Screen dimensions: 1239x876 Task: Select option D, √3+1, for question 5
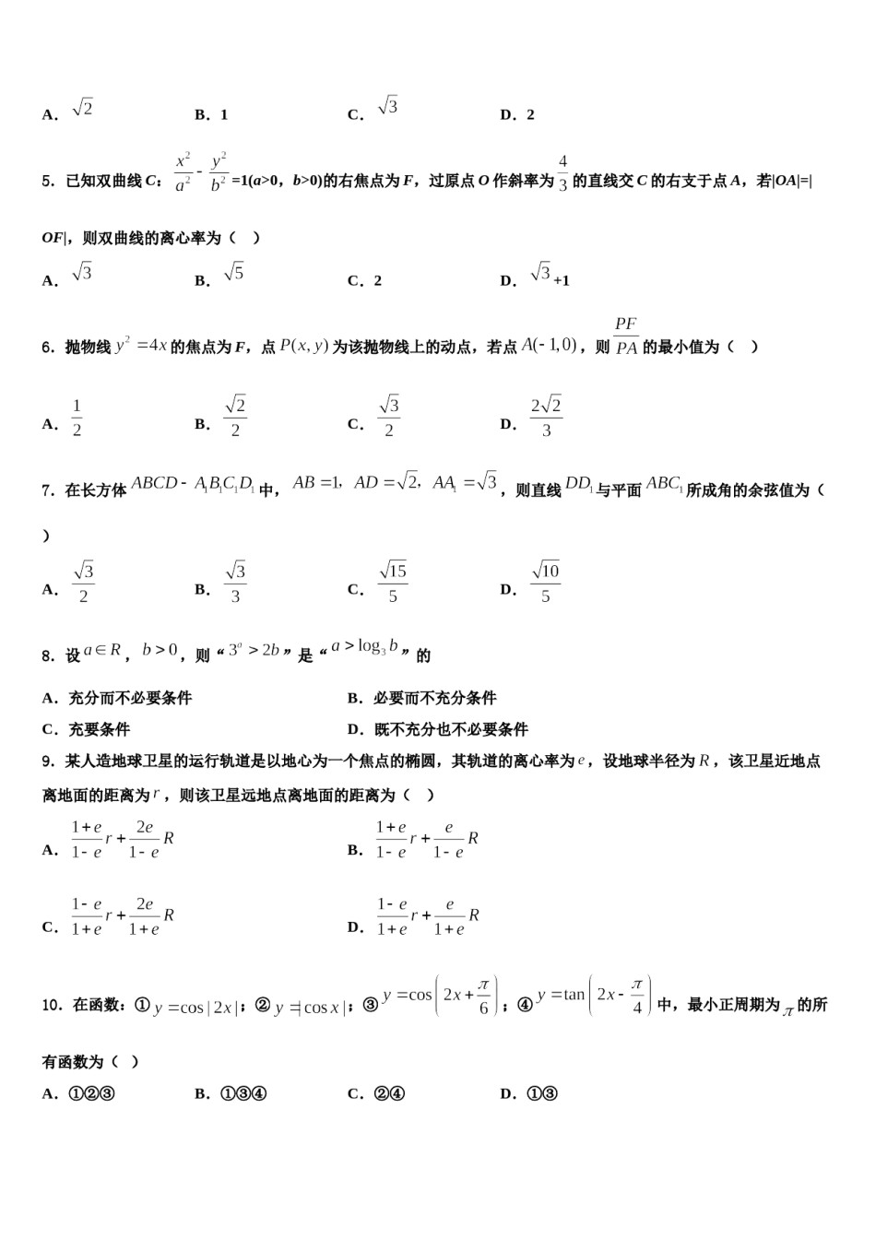click(x=550, y=276)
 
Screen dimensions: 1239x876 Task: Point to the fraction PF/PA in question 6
click(x=626, y=336)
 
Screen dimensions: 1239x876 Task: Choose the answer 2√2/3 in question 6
click(x=546, y=418)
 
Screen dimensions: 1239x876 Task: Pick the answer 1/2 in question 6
click(x=77, y=418)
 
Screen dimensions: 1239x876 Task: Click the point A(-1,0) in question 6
click(x=550, y=345)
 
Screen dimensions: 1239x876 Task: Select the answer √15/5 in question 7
click(x=393, y=583)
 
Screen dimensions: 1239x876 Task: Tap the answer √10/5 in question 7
click(x=546, y=583)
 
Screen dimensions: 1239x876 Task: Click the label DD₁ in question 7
click(x=578, y=484)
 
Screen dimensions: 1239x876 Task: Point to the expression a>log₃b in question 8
click(x=366, y=647)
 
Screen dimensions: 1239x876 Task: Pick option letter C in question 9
click(x=50, y=927)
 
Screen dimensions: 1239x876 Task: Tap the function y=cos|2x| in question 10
click(x=194, y=1008)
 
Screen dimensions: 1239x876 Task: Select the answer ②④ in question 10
click(x=388, y=1094)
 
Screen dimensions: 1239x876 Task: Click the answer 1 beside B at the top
click(x=224, y=115)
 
